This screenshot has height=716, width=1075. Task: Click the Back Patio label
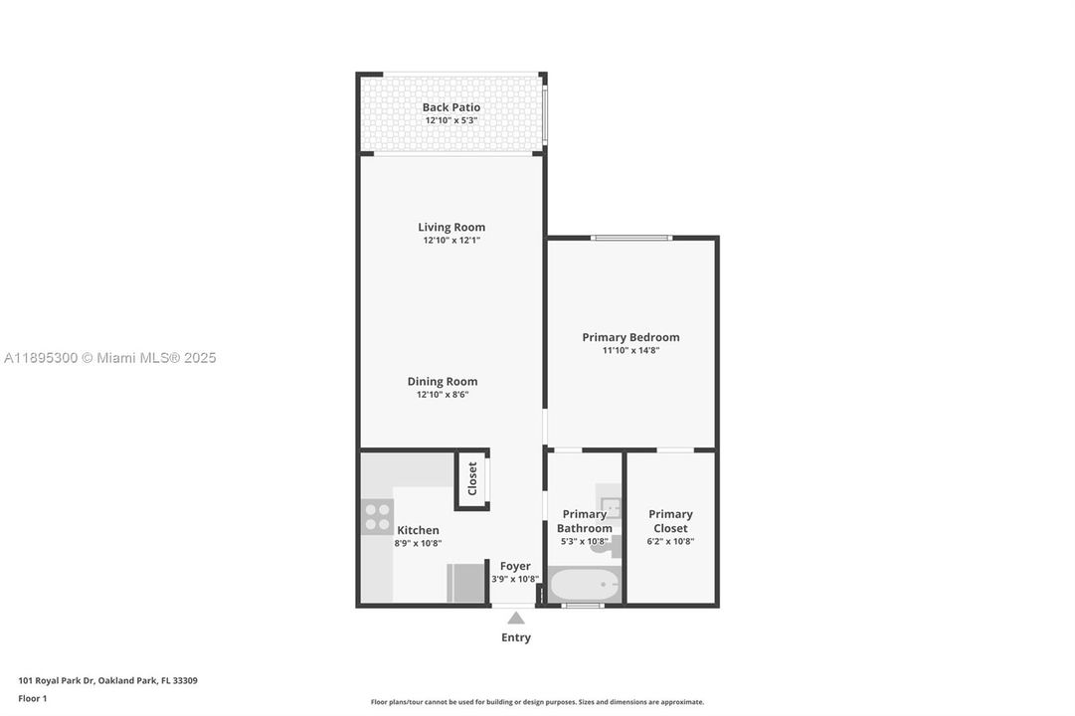click(x=450, y=107)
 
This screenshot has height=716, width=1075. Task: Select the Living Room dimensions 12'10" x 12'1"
click(x=450, y=241)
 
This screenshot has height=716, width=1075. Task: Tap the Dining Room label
click(x=442, y=381)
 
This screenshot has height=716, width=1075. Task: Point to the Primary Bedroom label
click(x=630, y=337)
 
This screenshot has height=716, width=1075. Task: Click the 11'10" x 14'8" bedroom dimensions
click(x=630, y=350)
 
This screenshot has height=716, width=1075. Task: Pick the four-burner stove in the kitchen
click(x=377, y=517)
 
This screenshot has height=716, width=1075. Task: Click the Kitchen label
click(x=418, y=530)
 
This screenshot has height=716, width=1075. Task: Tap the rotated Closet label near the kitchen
click(x=472, y=478)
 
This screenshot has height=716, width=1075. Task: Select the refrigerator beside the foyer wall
click(x=464, y=583)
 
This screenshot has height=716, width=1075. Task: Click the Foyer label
click(x=514, y=566)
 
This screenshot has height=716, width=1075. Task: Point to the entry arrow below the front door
click(x=516, y=618)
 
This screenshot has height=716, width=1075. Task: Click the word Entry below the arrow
click(x=516, y=637)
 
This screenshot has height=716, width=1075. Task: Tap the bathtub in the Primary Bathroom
click(x=584, y=585)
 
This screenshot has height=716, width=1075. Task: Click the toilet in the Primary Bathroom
click(x=606, y=546)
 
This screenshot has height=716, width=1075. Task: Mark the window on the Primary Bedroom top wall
click(x=631, y=238)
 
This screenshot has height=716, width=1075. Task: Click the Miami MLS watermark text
click(x=109, y=358)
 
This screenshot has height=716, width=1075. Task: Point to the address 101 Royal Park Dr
click(x=107, y=681)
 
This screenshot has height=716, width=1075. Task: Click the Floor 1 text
click(x=32, y=698)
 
